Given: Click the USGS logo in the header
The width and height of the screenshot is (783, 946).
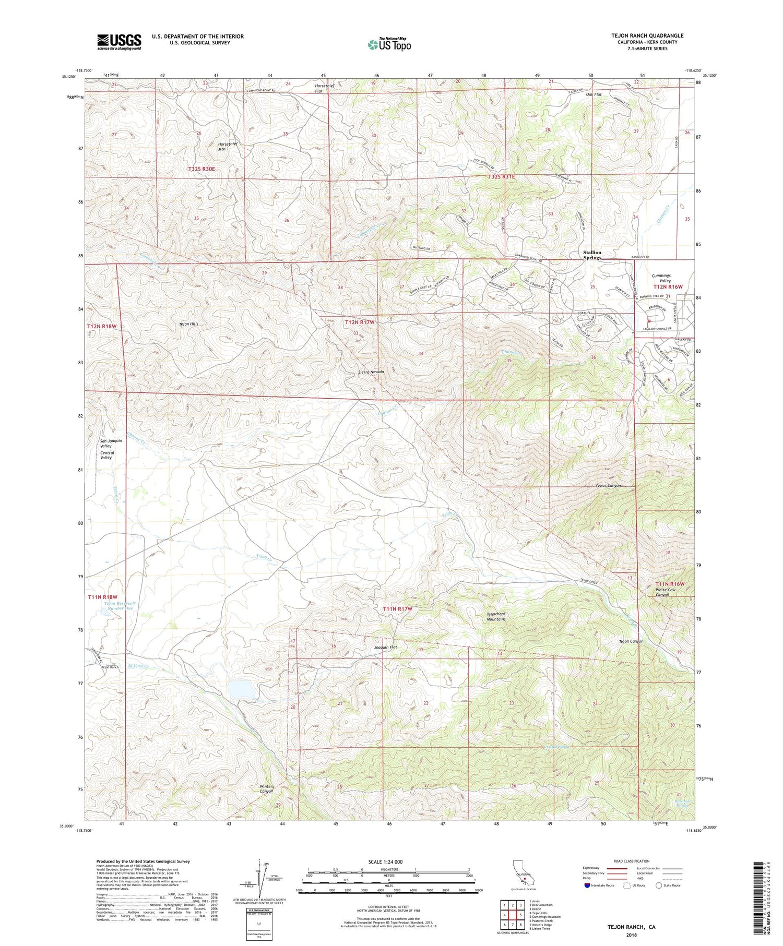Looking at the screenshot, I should coord(119,41).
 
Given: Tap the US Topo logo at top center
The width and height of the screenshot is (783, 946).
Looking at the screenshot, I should coord(389,44).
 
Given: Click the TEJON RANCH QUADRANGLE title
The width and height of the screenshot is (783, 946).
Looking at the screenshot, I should coord(647,35).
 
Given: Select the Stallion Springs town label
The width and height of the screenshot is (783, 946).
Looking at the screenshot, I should coord(592,255).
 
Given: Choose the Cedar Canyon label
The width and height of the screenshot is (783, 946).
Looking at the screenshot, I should coord(608,486).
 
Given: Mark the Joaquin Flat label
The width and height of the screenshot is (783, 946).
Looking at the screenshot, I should coord(386,648).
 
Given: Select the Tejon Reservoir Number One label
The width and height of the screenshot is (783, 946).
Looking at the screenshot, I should coord(119,605).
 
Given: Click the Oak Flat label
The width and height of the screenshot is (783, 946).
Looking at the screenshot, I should coord(594,94).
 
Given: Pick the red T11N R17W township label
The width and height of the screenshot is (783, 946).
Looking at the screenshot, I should coord(398,609).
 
